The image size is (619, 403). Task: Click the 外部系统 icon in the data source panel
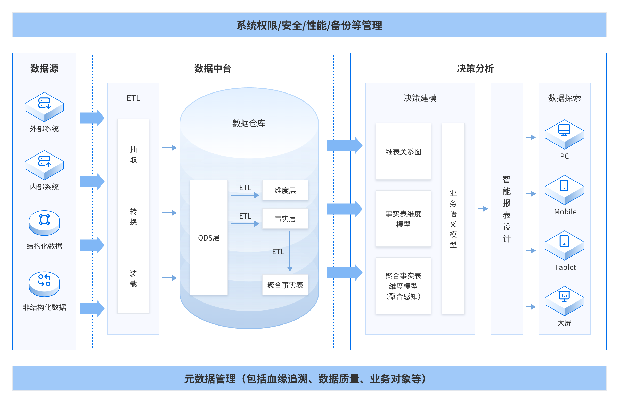(x=44, y=106)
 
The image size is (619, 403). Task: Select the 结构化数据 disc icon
(x=44, y=222)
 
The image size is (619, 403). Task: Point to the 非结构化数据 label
(x=44, y=307)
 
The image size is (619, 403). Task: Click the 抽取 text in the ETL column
(x=133, y=154)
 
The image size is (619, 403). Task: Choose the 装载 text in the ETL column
(x=133, y=278)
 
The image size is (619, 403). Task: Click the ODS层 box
(x=209, y=238)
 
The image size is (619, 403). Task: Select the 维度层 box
(x=285, y=190)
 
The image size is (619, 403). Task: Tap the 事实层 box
(x=285, y=219)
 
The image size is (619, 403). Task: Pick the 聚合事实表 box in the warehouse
(x=285, y=285)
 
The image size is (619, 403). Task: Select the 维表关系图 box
(x=403, y=152)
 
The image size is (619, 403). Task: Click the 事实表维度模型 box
(x=403, y=219)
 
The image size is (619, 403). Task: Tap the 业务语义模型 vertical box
(x=453, y=219)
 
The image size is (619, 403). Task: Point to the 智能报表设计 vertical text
(x=506, y=209)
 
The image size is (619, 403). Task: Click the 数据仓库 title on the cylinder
(x=249, y=123)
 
